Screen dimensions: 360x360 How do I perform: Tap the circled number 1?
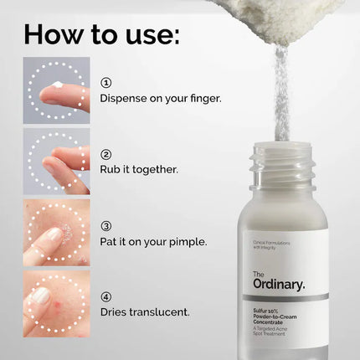click(x=106, y=83)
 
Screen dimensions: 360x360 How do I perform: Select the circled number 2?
click(x=106, y=154)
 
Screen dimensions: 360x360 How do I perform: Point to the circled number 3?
click(x=106, y=226)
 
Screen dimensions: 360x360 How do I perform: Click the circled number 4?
click(x=106, y=296)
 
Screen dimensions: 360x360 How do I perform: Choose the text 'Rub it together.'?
click(x=139, y=168)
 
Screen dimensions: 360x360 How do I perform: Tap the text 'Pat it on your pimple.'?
click(x=152, y=241)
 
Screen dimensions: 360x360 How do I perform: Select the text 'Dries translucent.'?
click(x=144, y=311)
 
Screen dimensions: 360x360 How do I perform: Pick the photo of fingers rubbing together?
click(x=56, y=161)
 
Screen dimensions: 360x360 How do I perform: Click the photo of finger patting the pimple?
click(x=56, y=231)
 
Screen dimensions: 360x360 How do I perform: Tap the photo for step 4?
click(x=56, y=302)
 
